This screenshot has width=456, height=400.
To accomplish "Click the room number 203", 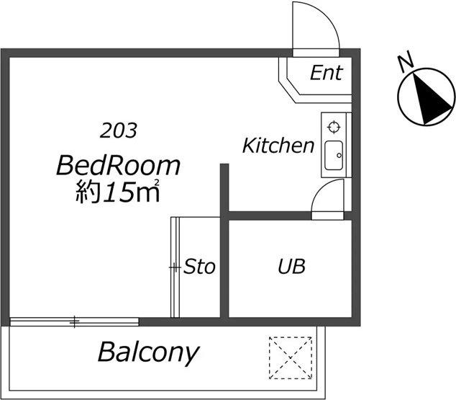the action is point(119,130).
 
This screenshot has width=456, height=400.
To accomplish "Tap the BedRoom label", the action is point(119,166).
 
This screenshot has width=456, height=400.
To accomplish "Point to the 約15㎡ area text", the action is point(118,192).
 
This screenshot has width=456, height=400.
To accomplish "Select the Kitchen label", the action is point(278,146).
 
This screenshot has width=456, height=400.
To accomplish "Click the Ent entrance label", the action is point(327,73).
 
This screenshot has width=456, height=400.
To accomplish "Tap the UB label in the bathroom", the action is point(292,266).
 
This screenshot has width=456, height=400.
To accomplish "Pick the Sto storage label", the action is point(199,266).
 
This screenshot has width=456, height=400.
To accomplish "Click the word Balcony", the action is point(149,353).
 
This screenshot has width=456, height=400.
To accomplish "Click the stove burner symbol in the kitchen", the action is point(334,128).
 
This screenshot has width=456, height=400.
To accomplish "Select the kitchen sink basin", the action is point(334,155).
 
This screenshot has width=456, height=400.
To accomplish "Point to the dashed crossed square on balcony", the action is point(291,357).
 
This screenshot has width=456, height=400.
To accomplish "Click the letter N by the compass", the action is point(406,61).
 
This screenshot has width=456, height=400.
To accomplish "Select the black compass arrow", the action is point(430,99).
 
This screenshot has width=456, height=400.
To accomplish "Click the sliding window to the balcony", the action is point(74,321).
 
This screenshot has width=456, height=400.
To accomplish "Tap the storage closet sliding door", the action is point(175,267).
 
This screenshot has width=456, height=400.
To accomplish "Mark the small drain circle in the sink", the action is point(339,156).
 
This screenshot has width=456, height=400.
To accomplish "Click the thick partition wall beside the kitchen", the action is point(224,191).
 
